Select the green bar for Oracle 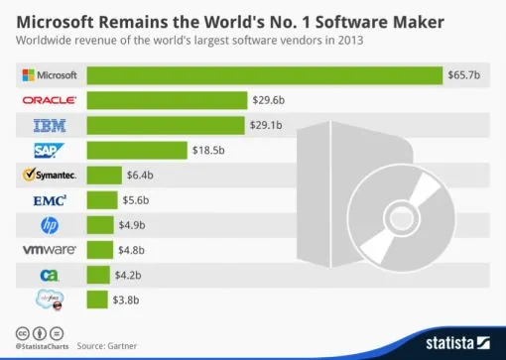pos(166,100)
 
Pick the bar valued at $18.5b pos(136,150)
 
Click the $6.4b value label pos(139,175)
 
